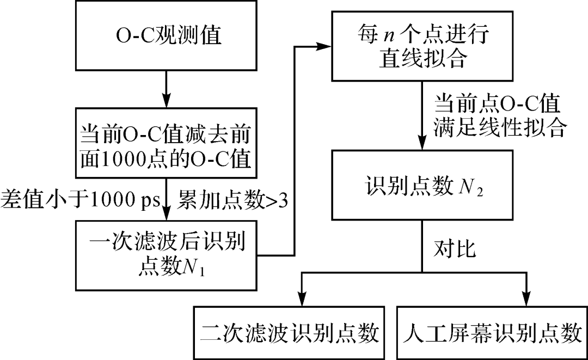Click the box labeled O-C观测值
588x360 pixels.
click(166, 36)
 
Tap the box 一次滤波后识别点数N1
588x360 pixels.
click(166, 255)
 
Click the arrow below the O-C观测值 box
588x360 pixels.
click(166, 90)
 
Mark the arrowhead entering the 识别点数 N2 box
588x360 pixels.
click(422, 145)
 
